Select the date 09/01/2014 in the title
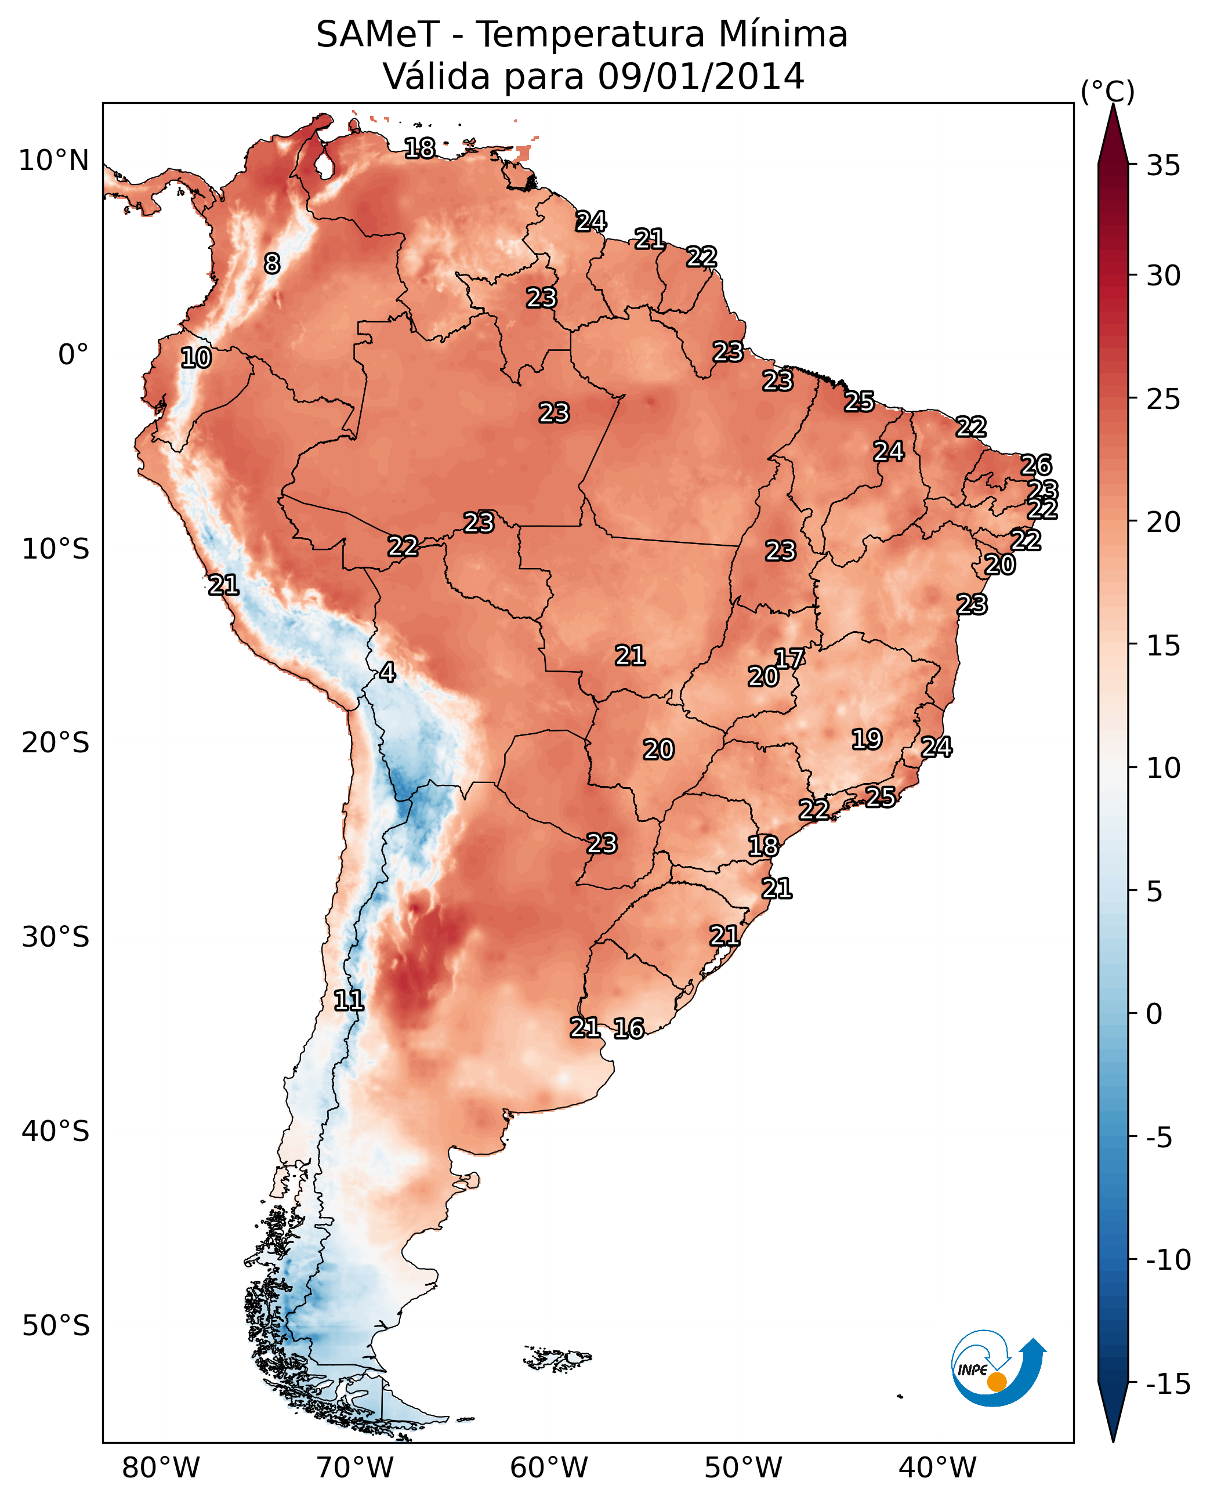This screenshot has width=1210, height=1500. (x=701, y=77)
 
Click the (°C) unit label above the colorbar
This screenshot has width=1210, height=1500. (x=1107, y=92)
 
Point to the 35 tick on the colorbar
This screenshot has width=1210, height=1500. (x=1163, y=166)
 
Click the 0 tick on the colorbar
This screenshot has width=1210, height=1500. (x=1154, y=1014)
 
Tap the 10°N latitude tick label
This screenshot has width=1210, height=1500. (x=54, y=161)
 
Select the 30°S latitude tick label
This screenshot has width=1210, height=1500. (x=56, y=937)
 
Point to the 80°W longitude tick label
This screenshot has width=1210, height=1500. (x=161, y=1468)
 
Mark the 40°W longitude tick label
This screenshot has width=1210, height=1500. (x=937, y=1468)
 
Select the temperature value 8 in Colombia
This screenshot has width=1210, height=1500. (x=272, y=263)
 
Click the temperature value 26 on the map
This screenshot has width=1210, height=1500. (x=1036, y=465)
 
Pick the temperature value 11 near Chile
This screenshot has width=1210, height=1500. (x=349, y=1001)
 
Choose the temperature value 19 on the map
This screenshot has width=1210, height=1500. (x=867, y=739)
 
